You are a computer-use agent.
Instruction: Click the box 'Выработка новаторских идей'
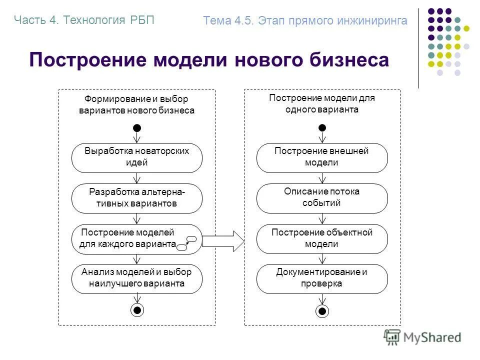(x=137, y=157)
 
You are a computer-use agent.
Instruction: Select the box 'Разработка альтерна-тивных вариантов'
(x=137, y=198)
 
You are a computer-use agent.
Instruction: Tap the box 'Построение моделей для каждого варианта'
(x=130, y=238)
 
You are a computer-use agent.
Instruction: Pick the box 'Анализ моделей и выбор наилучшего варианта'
(x=137, y=278)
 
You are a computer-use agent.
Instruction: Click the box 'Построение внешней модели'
(x=322, y=157)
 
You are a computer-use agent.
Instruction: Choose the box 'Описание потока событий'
(x=322, y=198)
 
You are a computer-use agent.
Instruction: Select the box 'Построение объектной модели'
(x=322, y=238)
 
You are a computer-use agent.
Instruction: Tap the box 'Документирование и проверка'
(x=322, y=278)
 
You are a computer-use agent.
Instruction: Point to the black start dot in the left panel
(x=137, y=128)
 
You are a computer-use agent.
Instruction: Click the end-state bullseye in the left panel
(x=137, y=310)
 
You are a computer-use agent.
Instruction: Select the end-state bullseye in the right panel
(x=322, y=311)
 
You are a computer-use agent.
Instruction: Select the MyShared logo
(x=422, y=337)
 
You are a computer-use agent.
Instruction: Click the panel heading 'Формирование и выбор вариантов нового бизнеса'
(x=136, y=105)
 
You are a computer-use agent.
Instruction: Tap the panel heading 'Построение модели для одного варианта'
(x=322, y=104)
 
